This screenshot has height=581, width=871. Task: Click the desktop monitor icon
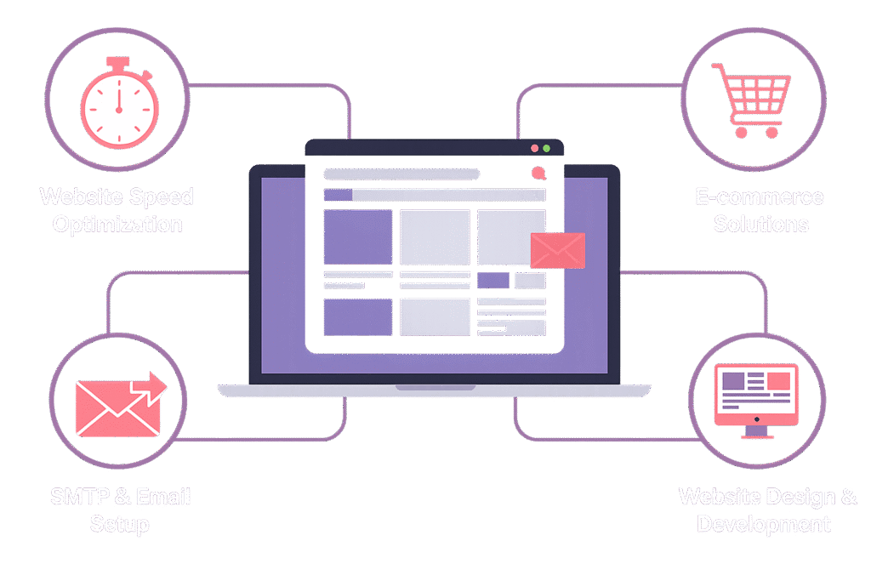(756, 398)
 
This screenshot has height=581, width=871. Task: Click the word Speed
(161, 197)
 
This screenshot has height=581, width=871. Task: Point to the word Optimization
(117, 225)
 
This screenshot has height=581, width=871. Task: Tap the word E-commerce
(760, 197)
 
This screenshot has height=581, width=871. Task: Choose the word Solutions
(761, 225)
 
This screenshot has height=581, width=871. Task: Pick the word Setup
(119, 523)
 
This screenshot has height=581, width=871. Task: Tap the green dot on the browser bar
(546, 148)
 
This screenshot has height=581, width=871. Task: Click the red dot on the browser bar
(534, 148)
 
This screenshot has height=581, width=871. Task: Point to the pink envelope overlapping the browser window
(557, 250)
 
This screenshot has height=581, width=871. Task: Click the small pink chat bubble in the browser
(538, 174)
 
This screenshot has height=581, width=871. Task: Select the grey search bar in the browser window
(401, 174)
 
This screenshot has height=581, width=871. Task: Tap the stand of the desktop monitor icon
(756, 432)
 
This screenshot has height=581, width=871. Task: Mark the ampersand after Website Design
(849, 497)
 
